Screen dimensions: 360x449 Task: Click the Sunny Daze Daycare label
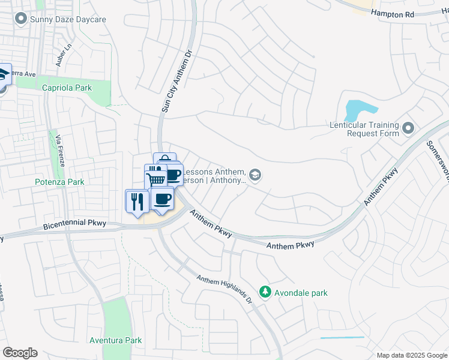[68, 19]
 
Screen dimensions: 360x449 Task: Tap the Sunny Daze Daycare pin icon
[22, 19]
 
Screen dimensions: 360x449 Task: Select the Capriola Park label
[67, 88]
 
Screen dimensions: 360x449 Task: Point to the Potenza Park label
[67, 181]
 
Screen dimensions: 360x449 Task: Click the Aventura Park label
[115, 340]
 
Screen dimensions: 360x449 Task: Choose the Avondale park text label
[302, 293]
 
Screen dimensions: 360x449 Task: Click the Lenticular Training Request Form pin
[409, 128]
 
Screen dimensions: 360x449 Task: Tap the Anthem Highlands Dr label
[224, 288]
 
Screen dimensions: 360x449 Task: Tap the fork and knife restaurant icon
[135, 200]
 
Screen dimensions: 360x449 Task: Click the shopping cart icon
[155, 179]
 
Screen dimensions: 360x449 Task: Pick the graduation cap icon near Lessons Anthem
[255, 175]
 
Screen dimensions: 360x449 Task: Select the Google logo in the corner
[20, 353]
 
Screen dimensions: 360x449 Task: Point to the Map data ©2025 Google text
[412, 355]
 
